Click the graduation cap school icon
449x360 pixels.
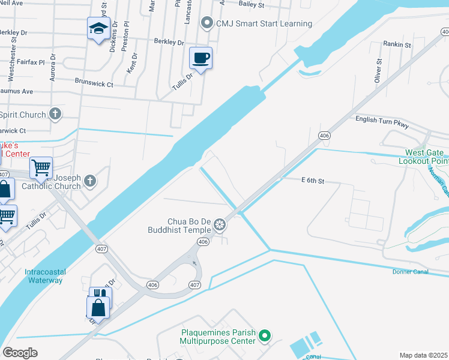coord(99,28)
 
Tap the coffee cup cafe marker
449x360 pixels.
coord(201,58)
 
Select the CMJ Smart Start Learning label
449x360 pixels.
coord(264,23)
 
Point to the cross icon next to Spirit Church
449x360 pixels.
coord(55,114)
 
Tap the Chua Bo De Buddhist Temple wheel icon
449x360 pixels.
coord(220,225)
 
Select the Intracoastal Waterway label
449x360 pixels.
coord(45,276)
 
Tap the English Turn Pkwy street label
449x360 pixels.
coord(382,122)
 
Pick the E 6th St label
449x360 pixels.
coord(312,181)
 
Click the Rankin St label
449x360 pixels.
coord(397,44)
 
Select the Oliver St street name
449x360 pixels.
coord(379,70)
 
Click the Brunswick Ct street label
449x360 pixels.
coord(94,83)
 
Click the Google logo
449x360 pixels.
coord(20,353)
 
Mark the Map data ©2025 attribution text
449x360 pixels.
coord(423,355)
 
